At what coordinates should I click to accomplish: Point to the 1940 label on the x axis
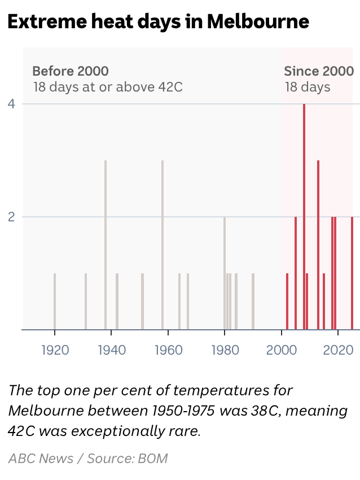click(112, 350)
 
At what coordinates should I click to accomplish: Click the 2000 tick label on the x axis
click(282, 350)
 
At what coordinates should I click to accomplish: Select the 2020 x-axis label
click(338, 350)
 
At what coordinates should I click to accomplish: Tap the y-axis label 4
click(10, 104)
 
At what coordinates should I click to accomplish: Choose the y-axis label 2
click(10, 217)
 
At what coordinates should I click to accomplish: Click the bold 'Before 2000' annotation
click(71, 71)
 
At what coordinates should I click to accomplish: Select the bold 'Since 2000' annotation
click(319, 71)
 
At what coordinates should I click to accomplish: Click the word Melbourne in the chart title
click(258, 21)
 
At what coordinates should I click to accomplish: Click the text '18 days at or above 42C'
click(108, 88)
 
